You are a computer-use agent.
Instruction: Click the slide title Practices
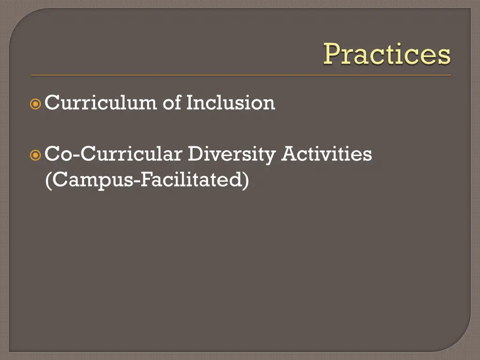[387, 54]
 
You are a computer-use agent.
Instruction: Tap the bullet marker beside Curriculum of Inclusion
[36, 104]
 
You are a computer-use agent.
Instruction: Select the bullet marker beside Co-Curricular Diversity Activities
[36, 154]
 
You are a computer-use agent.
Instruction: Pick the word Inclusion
[231, 103]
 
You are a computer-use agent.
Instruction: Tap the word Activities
[326, 154]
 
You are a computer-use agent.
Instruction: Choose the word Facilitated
[193, 180]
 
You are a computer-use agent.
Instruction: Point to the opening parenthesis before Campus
[48, 180]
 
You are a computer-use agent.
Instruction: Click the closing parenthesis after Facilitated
[246, 180]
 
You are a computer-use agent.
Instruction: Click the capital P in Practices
[332, 54]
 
